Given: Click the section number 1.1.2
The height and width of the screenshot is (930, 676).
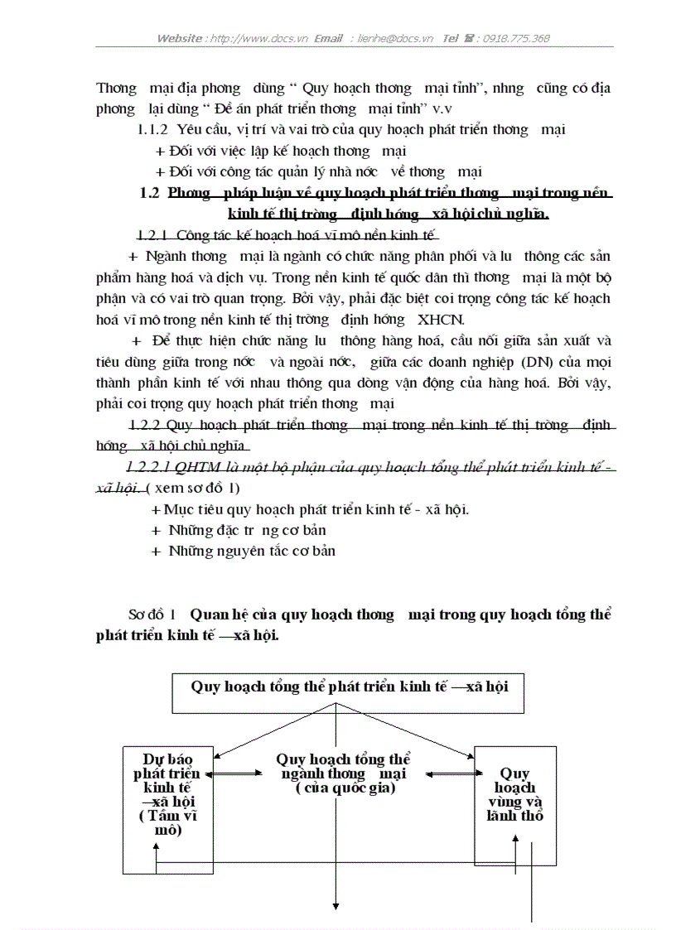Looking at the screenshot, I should (153, 130).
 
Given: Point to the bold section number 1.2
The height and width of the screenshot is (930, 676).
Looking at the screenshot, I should (150, 194).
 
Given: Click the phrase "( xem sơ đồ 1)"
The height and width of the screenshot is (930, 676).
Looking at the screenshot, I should (193, 488).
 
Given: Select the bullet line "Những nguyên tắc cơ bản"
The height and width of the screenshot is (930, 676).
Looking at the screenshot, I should (252, 551).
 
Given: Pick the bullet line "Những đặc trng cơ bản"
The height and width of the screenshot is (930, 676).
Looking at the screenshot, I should (247, 530).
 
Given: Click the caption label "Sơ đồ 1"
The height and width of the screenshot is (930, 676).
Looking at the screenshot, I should (152, 615).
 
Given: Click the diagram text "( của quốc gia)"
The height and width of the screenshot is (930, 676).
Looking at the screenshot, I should (345, 788).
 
